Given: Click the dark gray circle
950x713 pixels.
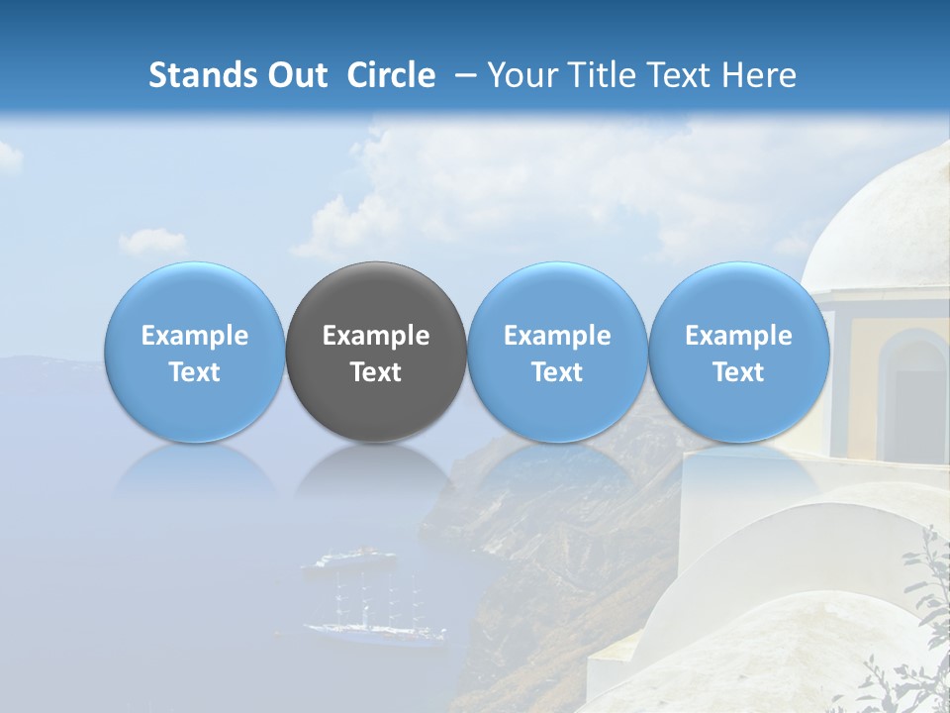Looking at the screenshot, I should pyautogui.click(x=376, y=353).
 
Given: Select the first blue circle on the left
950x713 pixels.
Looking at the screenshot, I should pyautogui.click(x=194, y=353).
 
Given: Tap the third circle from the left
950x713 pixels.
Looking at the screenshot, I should pyautogui.click(x=557, y=353).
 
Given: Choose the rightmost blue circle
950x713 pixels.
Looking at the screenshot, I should pyautogui.click(x=738, y=353).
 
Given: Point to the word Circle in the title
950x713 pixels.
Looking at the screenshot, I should pyautogui.click(x=391, y=75).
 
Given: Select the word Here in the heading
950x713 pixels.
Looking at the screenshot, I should pyautogui.click(x=758, y=75).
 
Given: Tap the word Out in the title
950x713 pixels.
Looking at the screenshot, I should pyautogui.click(x=295, y=75).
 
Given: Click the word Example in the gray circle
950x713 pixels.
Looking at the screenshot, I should pyautogui.click(x=376, y=336).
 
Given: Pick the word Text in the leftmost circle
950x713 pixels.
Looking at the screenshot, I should pyautogui.click(x=194, y=372).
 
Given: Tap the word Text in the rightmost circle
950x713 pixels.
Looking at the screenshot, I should pyautogui.click(x=738, y=372).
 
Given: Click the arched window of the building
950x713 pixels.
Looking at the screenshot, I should pyautogui.click(x=913, y=386).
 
